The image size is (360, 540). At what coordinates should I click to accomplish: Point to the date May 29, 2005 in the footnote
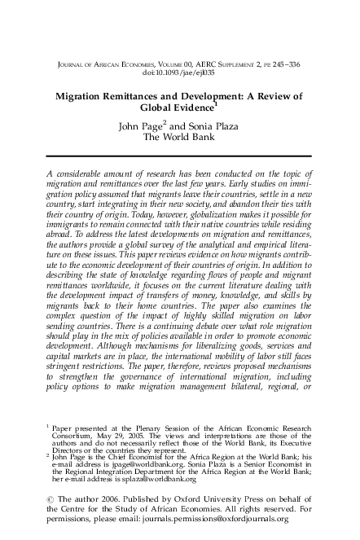[x=118, y=458]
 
